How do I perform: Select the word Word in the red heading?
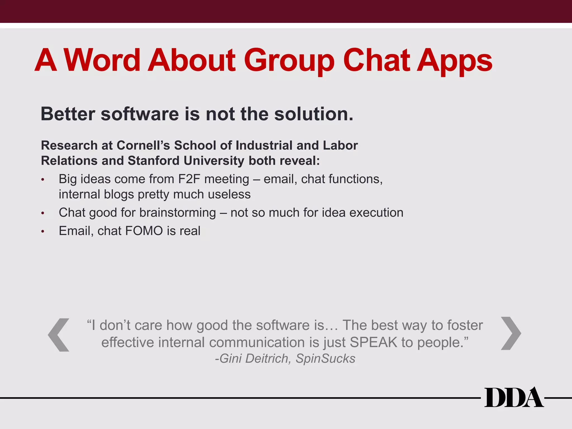(x=102, y=60)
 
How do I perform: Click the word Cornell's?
(x=143, y=145)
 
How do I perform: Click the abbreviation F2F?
(x=189, y=179)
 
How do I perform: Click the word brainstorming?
(x=178, y=213)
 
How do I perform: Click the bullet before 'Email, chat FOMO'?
(x=43, y=232)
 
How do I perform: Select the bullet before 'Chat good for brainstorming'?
(x=43, y=213)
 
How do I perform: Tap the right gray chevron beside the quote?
(x=511, y=333)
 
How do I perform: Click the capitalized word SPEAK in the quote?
(x=373, y=342)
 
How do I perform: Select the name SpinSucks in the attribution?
(x=325, y=359)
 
